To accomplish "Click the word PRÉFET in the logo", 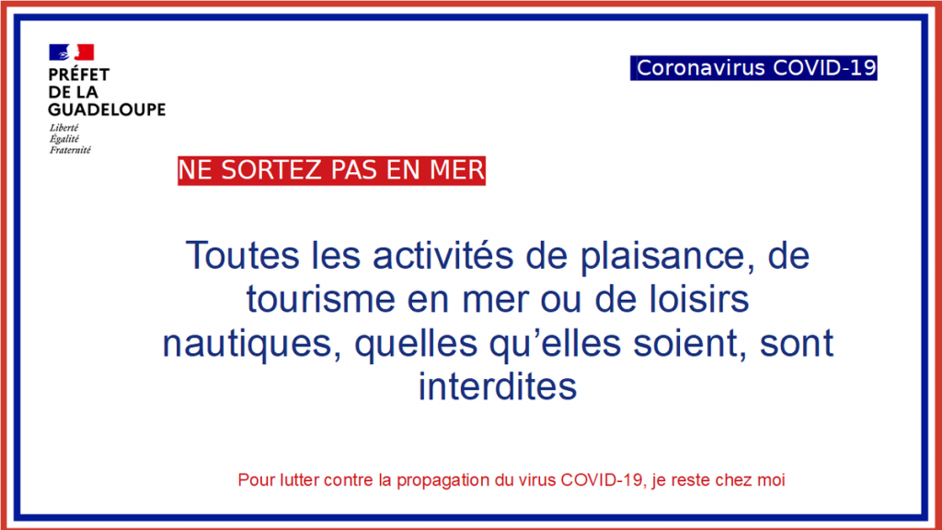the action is coord(79,75).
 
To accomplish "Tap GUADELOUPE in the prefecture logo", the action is coord(107,109).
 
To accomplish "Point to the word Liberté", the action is coord(64,128).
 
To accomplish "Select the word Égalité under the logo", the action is coord(64,139).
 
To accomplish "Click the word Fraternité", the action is coord(70,150).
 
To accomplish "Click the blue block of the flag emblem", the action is coord(59,52).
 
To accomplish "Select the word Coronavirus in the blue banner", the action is coord(700,68).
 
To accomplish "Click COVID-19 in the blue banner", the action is coord(824,68).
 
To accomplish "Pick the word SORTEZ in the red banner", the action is coord(271,170).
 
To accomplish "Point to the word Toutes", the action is coord(242,256).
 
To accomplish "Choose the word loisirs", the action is coord(697,299).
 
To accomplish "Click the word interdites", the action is coord(498,386).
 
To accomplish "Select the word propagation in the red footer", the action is coord(442,480).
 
